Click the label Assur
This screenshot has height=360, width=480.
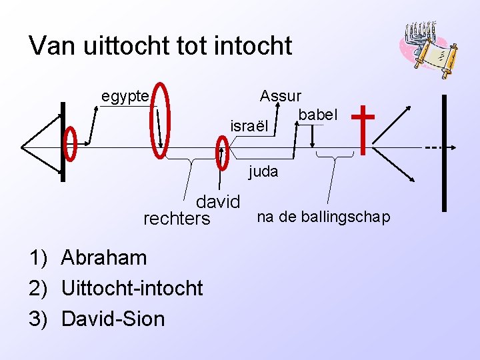(280, 97)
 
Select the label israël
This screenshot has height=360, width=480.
(248, 126)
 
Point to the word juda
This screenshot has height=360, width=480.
(263, 172)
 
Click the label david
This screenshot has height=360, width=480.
(217, 201)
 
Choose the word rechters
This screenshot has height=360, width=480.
(177, 219)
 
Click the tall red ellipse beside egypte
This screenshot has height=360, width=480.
(160, 120)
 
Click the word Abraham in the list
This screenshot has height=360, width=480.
(104, 257)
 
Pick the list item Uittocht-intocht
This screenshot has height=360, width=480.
(132, 288)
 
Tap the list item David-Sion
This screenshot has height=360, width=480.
(113, 319)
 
